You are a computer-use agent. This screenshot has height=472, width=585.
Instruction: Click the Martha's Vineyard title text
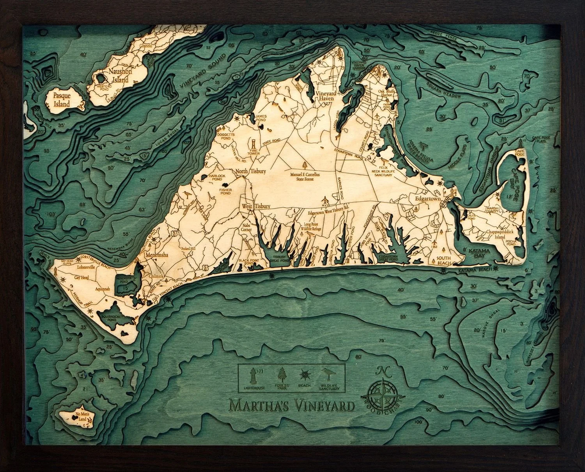292,405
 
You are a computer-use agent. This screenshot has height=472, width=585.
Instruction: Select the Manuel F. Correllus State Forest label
305,175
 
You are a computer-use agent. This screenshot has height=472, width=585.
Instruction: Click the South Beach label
444,260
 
